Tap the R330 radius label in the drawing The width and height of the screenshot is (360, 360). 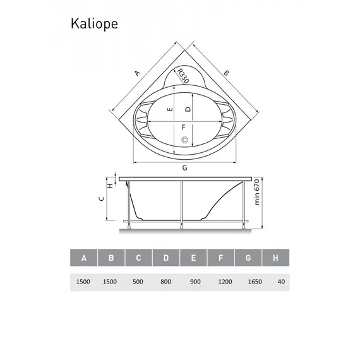coord(182,76)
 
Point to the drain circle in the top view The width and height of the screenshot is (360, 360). coord(184,140)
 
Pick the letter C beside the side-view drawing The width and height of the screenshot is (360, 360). coord(102,198)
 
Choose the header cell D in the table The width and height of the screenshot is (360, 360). coord(166,258)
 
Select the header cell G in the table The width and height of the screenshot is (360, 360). coord(248,258)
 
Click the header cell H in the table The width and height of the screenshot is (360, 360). coord(275,258)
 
